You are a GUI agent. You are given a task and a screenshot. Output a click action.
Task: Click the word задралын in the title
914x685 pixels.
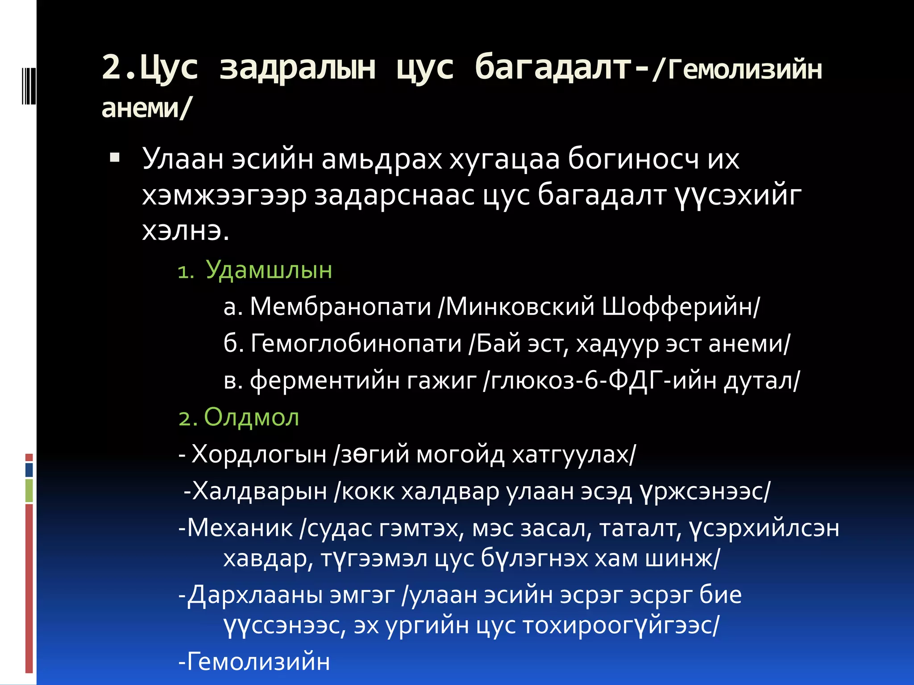[298, 68]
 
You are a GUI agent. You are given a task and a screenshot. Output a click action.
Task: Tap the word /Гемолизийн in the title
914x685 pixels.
[737, 70]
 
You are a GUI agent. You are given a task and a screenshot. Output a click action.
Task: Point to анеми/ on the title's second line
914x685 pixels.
[146, 107]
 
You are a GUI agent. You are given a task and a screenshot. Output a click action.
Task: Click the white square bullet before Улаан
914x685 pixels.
[115, 157]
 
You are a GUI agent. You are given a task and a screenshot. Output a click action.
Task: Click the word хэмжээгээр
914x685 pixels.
[224, 195]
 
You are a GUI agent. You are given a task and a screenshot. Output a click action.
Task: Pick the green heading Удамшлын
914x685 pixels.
[269, 270]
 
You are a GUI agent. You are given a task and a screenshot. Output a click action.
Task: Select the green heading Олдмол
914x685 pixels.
[251, 417]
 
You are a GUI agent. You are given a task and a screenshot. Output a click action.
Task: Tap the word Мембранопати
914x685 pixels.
[341, 306]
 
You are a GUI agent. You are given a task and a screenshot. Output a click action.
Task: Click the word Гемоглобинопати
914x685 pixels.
[356, 343]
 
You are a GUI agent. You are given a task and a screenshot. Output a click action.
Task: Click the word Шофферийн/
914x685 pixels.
[681, 306]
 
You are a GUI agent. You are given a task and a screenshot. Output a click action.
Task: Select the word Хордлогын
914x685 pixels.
[259, 454]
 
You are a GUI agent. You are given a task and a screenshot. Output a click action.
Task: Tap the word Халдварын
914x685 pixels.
[260, 491]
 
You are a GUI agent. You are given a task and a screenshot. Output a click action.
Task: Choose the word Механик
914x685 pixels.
[240, 528]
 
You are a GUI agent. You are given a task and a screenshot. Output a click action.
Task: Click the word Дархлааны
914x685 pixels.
[254, 595]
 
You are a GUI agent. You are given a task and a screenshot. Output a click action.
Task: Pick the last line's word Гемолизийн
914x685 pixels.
[258, 661]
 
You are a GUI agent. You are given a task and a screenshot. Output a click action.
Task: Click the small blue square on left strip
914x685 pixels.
[29, 470]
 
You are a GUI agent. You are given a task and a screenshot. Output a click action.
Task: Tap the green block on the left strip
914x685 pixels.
[29, 490]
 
